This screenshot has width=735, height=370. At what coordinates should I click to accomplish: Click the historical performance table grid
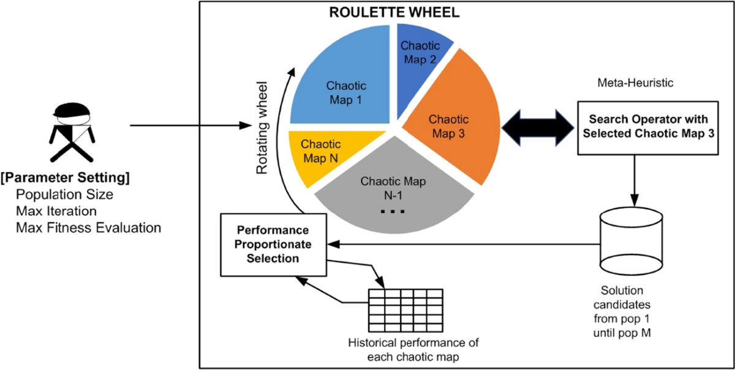tap(405, 309)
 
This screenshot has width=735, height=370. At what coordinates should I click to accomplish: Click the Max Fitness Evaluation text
tap(89, 228)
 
